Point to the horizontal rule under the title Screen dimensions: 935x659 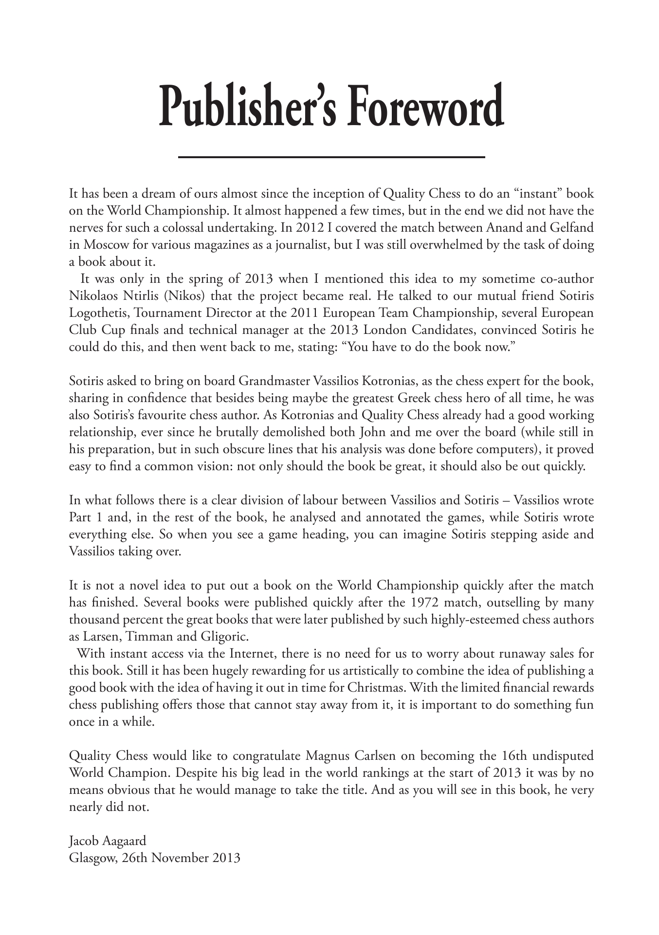[x=332, y=157]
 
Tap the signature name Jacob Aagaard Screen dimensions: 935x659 [x=108, y=841]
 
